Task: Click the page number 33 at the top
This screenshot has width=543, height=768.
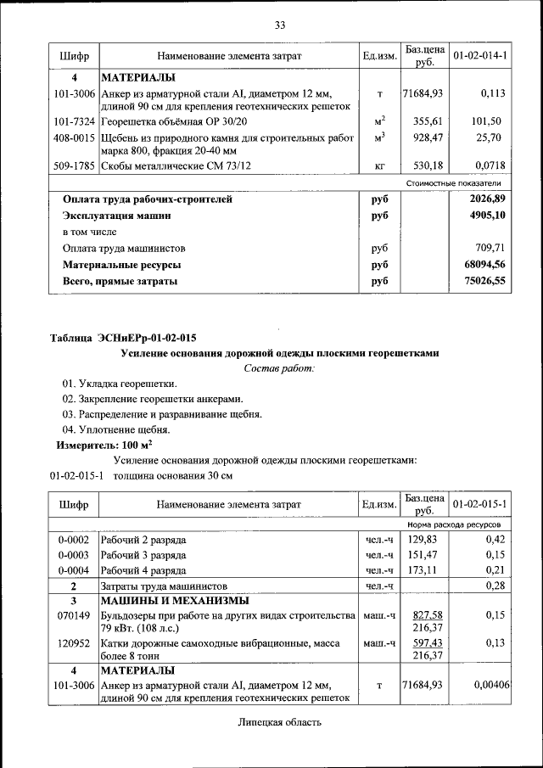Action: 279,24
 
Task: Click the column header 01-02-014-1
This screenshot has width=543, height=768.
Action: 480,56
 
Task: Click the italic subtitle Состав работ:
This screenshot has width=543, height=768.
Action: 279,368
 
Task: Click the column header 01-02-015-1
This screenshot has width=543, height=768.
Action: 480,504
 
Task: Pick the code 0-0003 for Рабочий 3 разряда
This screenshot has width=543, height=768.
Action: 74,555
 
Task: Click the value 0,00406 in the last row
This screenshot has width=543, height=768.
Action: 490,684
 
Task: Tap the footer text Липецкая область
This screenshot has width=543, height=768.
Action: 280,722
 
